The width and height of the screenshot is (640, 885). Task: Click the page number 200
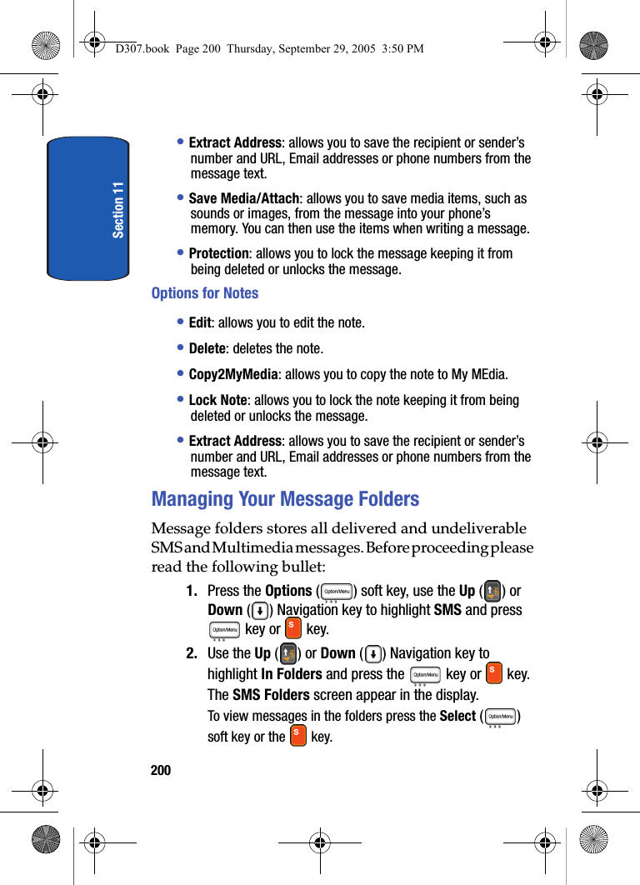pyautogui.click(x=161, y=771)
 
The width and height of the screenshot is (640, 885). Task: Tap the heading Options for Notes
pyautogui.click(x=205, y=293)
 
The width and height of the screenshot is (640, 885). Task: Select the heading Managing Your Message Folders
pyautogui.click(x=285, y=499)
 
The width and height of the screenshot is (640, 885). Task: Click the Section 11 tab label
pyautogui.click(x=118, y=209)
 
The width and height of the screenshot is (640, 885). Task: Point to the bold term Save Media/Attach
pyautogui.click(x=243, y=198)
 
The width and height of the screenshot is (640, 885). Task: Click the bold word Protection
pyautogui.click(x=218, y=253)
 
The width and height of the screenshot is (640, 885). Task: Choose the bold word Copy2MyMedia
pyautogui.click(x=232, y=374)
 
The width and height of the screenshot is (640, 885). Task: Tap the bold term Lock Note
pyautogui.click(x=217, y=400)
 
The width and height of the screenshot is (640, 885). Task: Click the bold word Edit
pyautogui.click(x=200, y=322)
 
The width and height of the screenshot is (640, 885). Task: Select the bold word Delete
pyautogui.click(x=207, y=348)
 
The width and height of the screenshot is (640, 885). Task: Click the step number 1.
pyautogui.click(x=192, y=592)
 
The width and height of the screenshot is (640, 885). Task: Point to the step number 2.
pyautogui.click(x=192, y=653)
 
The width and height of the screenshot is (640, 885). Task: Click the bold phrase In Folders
pyautogui.click(x=292, y=674)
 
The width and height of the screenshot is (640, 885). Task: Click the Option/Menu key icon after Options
pyautogui.click(x=337, y=592)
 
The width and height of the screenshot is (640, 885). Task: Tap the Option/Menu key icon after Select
pyautogui.click(x=501, y=716)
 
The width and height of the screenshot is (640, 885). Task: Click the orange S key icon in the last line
pyautogui.click(x=297, y=736)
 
